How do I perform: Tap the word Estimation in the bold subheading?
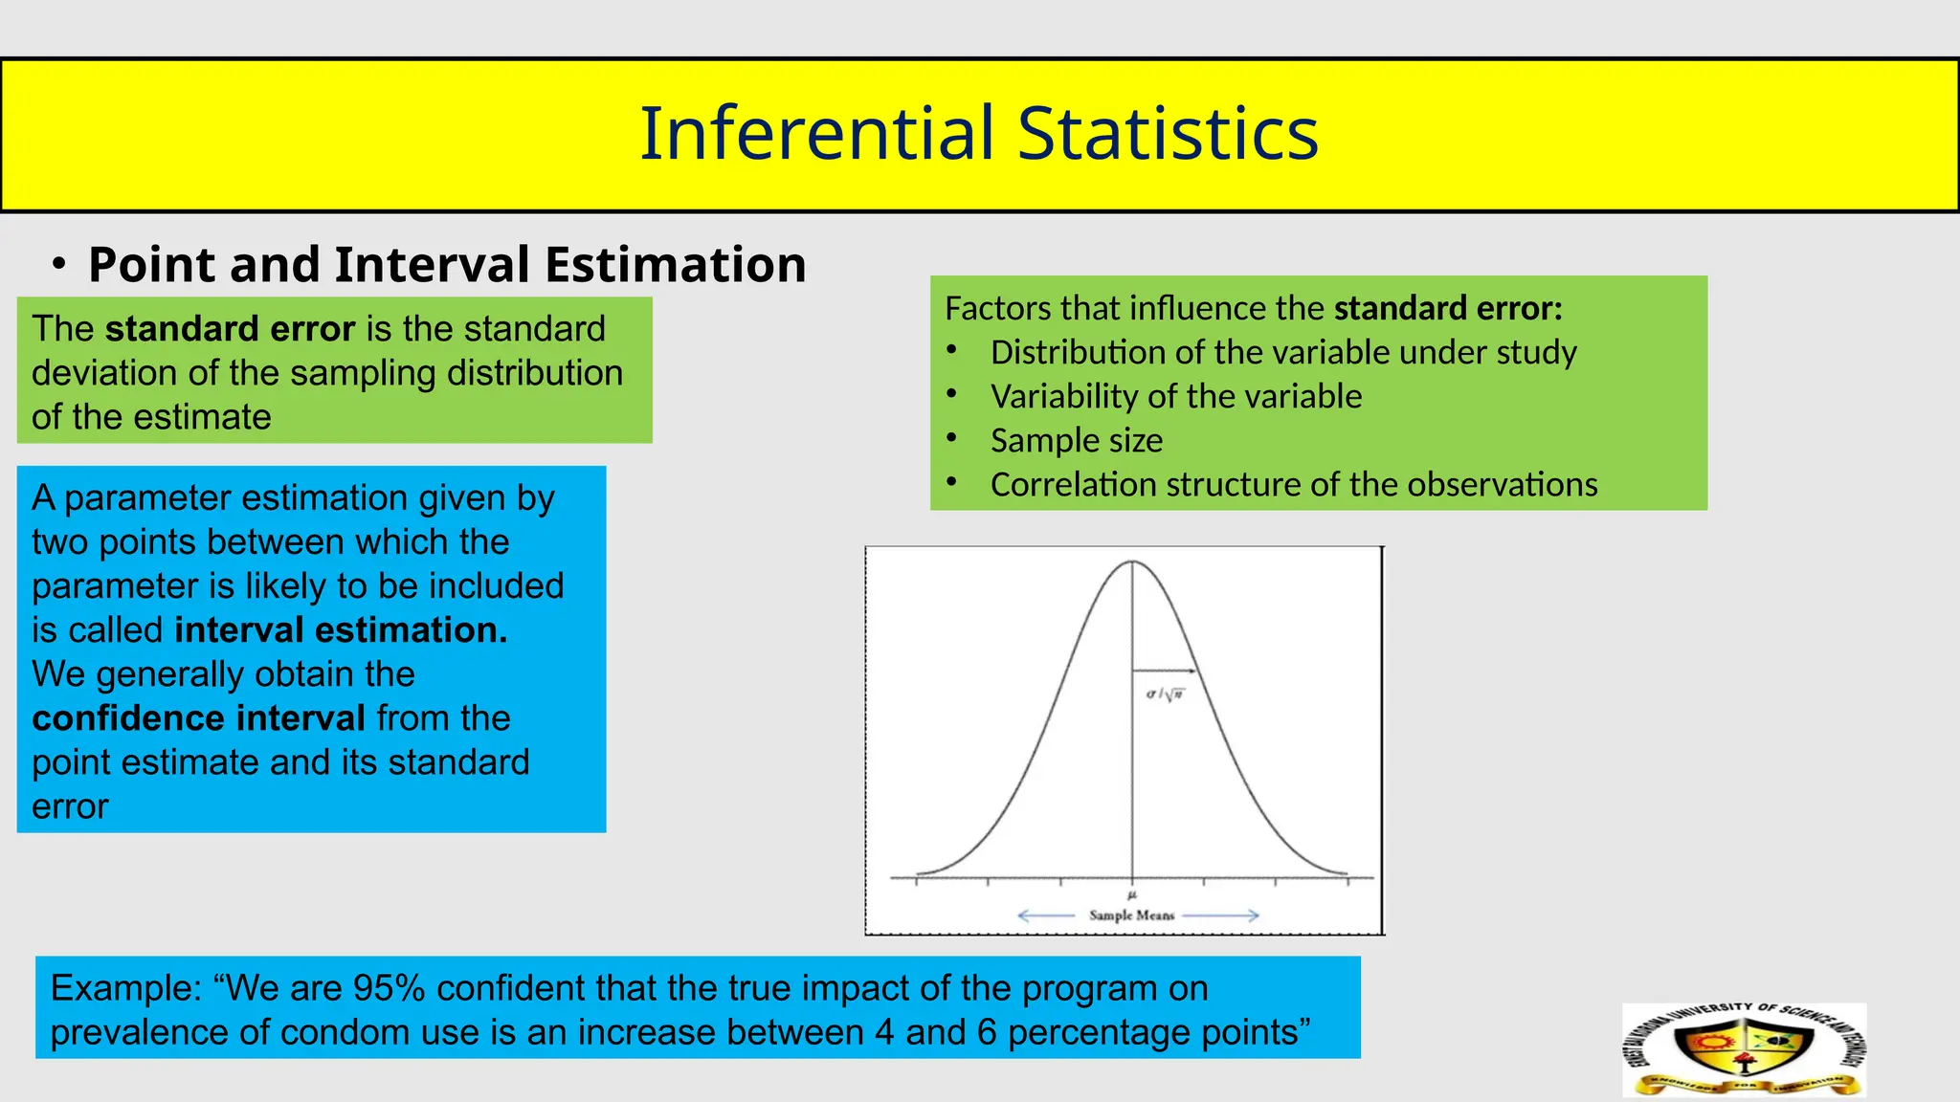click(x=675, y=265)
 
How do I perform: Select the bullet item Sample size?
click(x=1076, y=440)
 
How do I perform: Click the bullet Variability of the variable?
click(x=1175, y=396)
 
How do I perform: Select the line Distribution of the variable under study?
click(x=1282, y=352)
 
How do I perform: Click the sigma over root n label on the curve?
click(x=1165, y=694)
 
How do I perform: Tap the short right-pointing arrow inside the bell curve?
click(x=1165, y=671)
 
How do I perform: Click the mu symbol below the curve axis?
click(x=1132, y=895)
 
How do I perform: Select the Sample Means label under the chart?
click(x=1131, y=915)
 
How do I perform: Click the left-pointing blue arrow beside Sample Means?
click(x=1045, y=915)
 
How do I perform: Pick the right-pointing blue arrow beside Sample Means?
click(x=1221, y=915)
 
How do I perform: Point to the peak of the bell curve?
click(x=1133, y=562)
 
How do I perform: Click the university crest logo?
click(x=1744, y=1049)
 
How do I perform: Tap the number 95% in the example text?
click(x=388, y=988)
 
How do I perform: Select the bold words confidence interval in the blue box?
click(x=198, y=718)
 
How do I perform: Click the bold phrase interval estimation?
click(x=341, y=630)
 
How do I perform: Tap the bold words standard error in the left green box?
click(x=230, y=329)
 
